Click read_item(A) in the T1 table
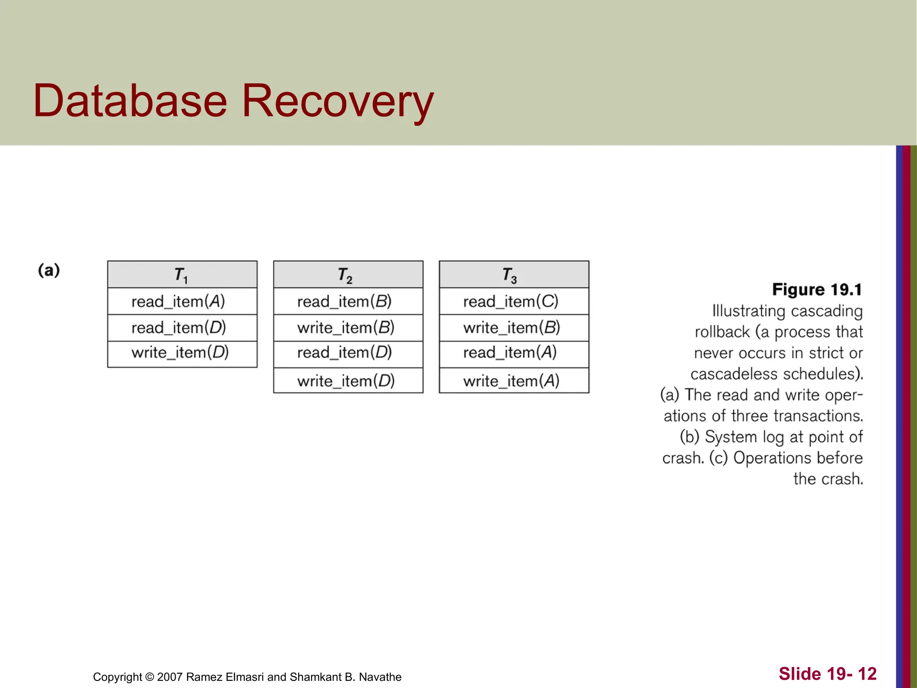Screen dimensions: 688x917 (178, 301)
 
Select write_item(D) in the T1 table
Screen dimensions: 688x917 (180, 353)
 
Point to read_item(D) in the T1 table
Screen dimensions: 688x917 (179, 328)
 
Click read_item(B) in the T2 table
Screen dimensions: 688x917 (344, 301)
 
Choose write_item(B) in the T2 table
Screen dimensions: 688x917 (346, 328)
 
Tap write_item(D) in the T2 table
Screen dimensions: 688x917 (346, 381)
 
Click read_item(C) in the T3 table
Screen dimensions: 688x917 (510, 301)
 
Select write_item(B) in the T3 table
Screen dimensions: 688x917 (511, 328)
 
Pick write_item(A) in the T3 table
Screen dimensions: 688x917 (511, 381)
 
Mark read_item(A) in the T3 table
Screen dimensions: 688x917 (510, 353)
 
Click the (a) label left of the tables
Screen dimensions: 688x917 (49, 271)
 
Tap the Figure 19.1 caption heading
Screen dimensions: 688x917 (817, 290)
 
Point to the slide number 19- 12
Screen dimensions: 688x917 (851, 674)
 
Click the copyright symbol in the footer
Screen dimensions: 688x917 (150, 677)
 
